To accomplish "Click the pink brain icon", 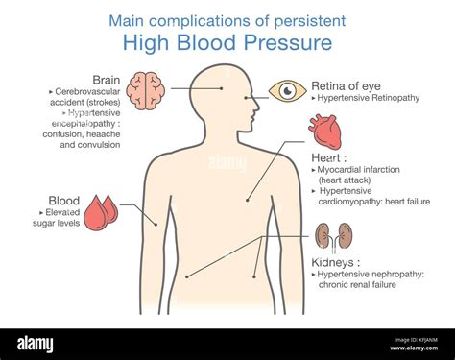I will pyautogui.click(x=146, y=89).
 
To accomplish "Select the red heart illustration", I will pyautogui.click(x=324, y=131).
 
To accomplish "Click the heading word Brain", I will pyautogui.click(x=106, y=79).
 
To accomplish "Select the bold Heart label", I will pyautogui.click(x=329, y=156).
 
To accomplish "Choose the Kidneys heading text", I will pyautogui.click(x=336, y=261).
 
